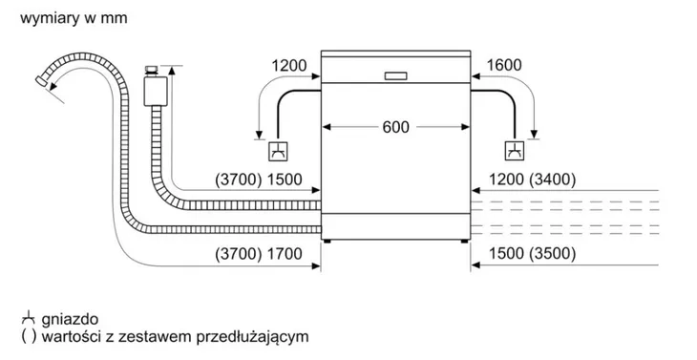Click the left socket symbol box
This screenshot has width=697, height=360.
click(x=277, y=150)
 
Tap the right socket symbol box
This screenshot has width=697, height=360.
click(x=514, y=150)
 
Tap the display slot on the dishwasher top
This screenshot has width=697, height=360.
click(x=394, y=75)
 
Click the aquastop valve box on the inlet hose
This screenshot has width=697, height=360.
click(x=152, y=90)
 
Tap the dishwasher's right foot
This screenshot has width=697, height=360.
click(x=465, y=241)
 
